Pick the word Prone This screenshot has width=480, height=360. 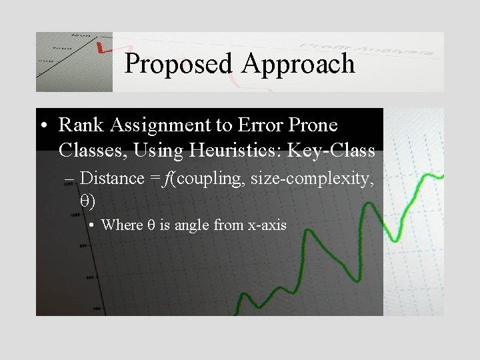313,125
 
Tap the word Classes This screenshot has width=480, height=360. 93,151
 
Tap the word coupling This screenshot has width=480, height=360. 209,179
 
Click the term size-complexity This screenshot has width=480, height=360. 312,179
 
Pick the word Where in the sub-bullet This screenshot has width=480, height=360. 121,225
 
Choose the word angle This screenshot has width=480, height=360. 193,225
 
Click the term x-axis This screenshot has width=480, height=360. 267,225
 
